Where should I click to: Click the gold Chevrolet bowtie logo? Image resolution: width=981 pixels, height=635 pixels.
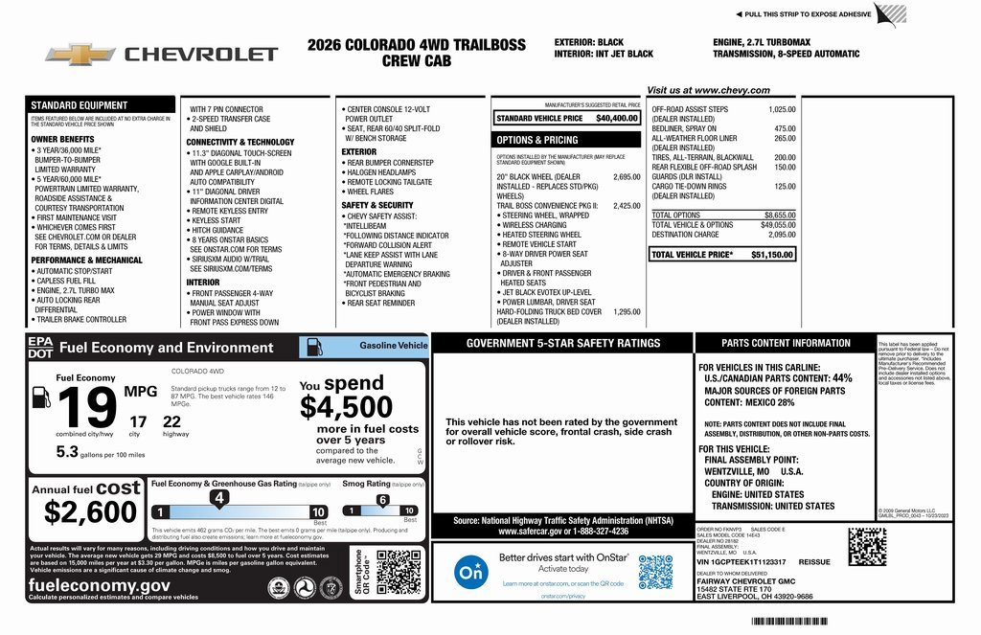click(79, 54)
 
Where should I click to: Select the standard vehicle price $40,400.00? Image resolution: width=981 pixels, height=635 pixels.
click(617, 118)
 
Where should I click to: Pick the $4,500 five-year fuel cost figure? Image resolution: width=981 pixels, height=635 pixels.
click(346, 408)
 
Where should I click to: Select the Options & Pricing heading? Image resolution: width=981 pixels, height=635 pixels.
click(537, 140)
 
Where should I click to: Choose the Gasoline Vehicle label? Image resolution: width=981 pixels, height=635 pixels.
click(393, 346)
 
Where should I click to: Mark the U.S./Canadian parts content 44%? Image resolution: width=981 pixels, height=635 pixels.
click(841, 378)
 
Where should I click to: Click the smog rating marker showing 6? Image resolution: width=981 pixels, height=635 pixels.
click(382, 499)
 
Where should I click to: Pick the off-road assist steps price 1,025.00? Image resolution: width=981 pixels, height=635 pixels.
click(782, 109)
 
